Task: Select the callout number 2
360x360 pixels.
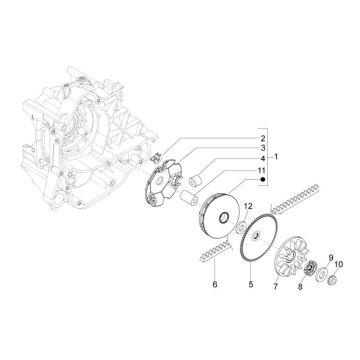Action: (234, 138)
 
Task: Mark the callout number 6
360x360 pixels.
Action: (214, 285)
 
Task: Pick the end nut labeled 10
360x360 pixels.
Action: (324, 276)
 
